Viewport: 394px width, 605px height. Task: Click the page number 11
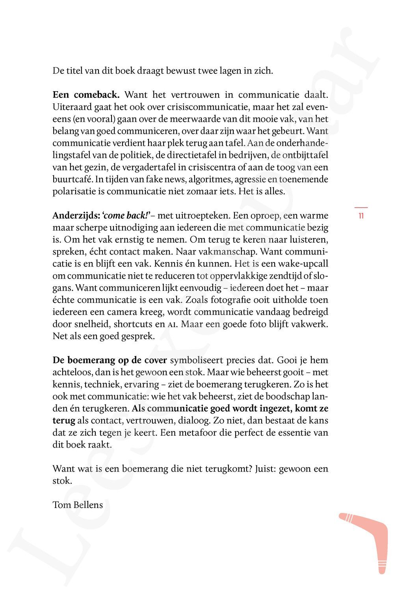361,216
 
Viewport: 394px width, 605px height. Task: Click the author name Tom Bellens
78,505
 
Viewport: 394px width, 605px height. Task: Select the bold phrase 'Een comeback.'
86,95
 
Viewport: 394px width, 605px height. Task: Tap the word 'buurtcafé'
72,180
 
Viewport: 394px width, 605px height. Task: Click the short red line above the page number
361,207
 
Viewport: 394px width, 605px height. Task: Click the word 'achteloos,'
72,372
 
